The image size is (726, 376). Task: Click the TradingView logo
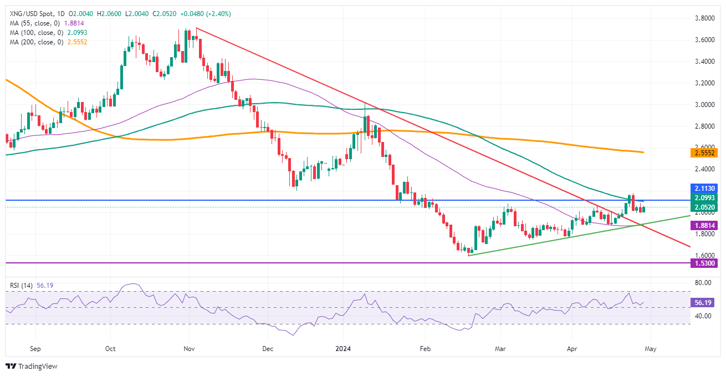point(32,366)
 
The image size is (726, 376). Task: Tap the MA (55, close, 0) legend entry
point(33,23)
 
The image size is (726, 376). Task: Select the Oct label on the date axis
point(110,349)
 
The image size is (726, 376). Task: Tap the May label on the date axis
point(651,349)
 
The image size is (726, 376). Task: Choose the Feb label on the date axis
point(425,349)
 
